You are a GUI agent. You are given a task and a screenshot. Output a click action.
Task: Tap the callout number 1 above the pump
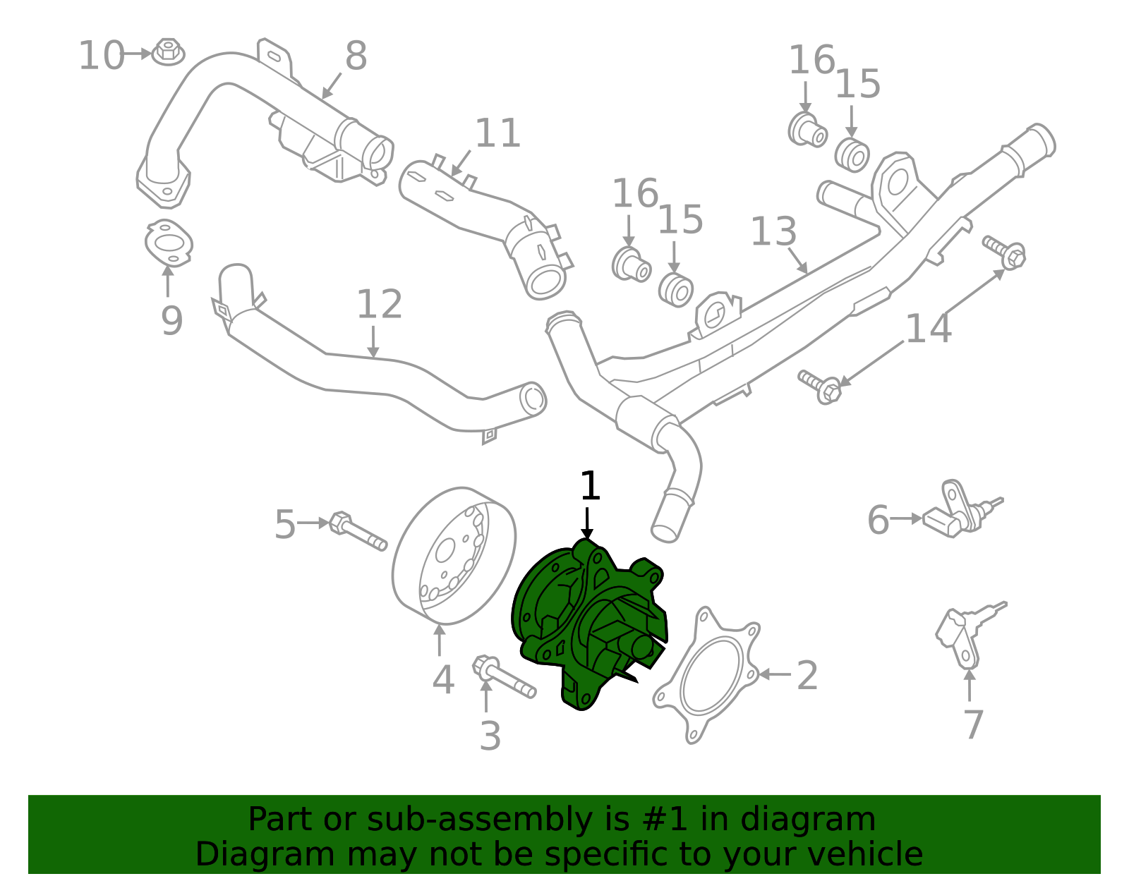pos(589,487)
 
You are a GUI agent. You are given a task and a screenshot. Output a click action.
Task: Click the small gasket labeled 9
pos(168,243)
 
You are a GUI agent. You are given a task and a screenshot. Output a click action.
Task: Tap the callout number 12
pos(379,305)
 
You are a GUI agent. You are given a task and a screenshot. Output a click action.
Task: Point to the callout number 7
pos(973,724)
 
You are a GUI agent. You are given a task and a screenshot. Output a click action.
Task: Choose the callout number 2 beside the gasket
pos(807,676)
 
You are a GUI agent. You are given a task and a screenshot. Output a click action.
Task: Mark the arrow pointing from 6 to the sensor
pos(906,519)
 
